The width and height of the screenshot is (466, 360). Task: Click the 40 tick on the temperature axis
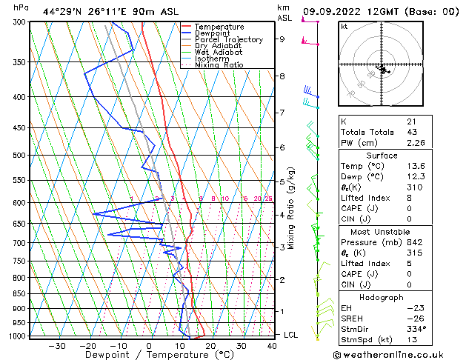click(273, 346)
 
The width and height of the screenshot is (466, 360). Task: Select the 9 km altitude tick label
click(282, 39)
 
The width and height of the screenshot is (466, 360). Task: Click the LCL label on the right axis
click(292, 335)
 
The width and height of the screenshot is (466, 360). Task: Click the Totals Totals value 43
click(412, 133)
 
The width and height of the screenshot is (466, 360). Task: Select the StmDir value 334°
click(416, 330)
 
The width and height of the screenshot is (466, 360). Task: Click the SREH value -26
click(413, 319)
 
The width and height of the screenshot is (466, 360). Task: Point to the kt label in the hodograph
click(344, 26)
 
